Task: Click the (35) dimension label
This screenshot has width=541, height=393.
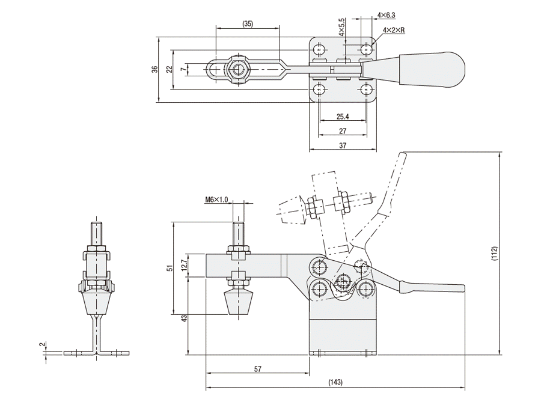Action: coord(248,24)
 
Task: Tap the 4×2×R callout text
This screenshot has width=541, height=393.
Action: coord(393,29)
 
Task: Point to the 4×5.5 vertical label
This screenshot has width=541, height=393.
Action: coord(341,28)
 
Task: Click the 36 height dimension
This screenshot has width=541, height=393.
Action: coord(154,69)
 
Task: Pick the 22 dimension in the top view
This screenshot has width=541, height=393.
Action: coord(170,69)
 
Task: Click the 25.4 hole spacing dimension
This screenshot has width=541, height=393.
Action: coord(344,117)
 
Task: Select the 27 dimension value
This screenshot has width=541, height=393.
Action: coord(344,130)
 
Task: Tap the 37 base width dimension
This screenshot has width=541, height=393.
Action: coord(344,145)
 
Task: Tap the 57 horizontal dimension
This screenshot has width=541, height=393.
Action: coord(257,370)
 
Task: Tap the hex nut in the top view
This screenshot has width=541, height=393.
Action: coord(239,69)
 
